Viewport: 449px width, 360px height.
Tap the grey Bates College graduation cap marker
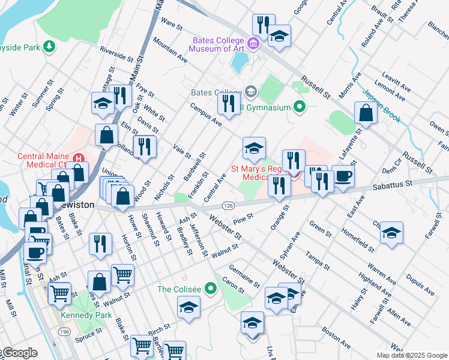point(250,92)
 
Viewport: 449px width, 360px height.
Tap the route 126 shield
point(228,205)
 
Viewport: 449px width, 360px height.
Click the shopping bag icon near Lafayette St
point(366,113)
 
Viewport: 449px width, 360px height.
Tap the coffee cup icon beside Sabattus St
point(343,176)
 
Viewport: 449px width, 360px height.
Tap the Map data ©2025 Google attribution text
point(411,355)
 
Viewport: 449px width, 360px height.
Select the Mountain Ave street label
point(170,50)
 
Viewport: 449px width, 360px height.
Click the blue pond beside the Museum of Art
point(240,60)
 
